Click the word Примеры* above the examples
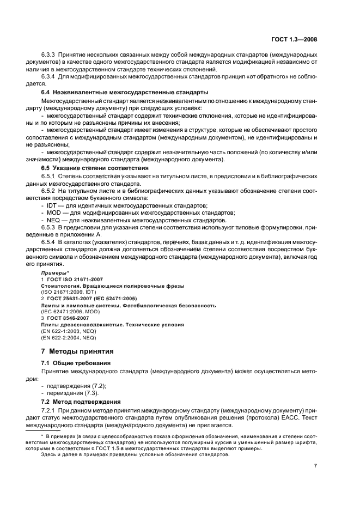(x=54, y=272)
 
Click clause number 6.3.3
(x=48, y=55)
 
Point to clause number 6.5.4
(x=48, y=242)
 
